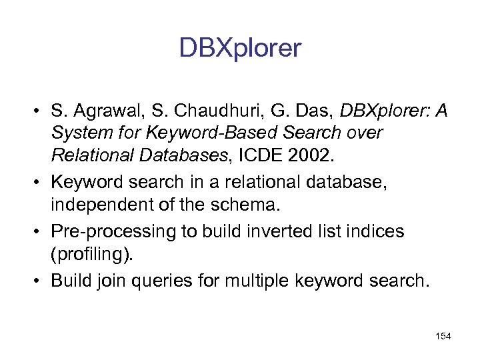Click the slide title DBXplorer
coord(240,48)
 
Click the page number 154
coord(442,337)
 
